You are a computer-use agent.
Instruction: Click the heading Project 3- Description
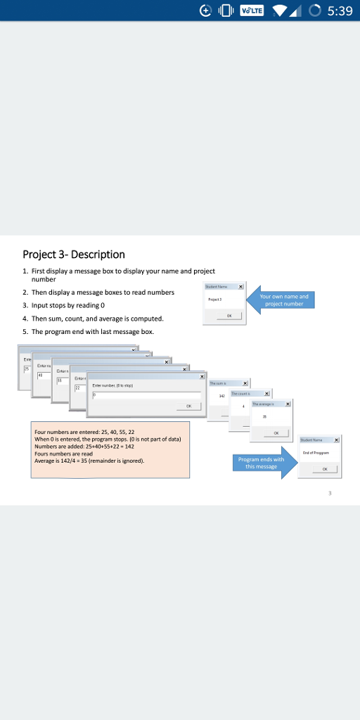tap(74, 254)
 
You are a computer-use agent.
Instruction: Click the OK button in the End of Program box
tap(324, 469)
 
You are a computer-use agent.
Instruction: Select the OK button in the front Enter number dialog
tap(188, 406)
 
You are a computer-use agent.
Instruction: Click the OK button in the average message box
tap(276, 433)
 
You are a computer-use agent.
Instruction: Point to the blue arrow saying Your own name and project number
tap(281, 300)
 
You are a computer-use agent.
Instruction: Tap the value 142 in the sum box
tap(222, 397)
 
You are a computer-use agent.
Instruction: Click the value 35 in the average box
tap(264, 417)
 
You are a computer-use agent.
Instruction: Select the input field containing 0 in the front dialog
tap(146, 395)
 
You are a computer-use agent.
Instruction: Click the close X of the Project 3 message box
tap(240, 287)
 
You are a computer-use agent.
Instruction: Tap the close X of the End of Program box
tap(337, 440)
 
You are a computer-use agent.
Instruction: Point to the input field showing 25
tap(27, 368)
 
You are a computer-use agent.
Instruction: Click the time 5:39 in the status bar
tap(340, 11)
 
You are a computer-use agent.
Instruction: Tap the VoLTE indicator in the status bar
tap(252, 11)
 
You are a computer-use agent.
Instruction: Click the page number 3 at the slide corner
tap(329, 494)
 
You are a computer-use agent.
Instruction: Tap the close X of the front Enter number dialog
tap(202, 378)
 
